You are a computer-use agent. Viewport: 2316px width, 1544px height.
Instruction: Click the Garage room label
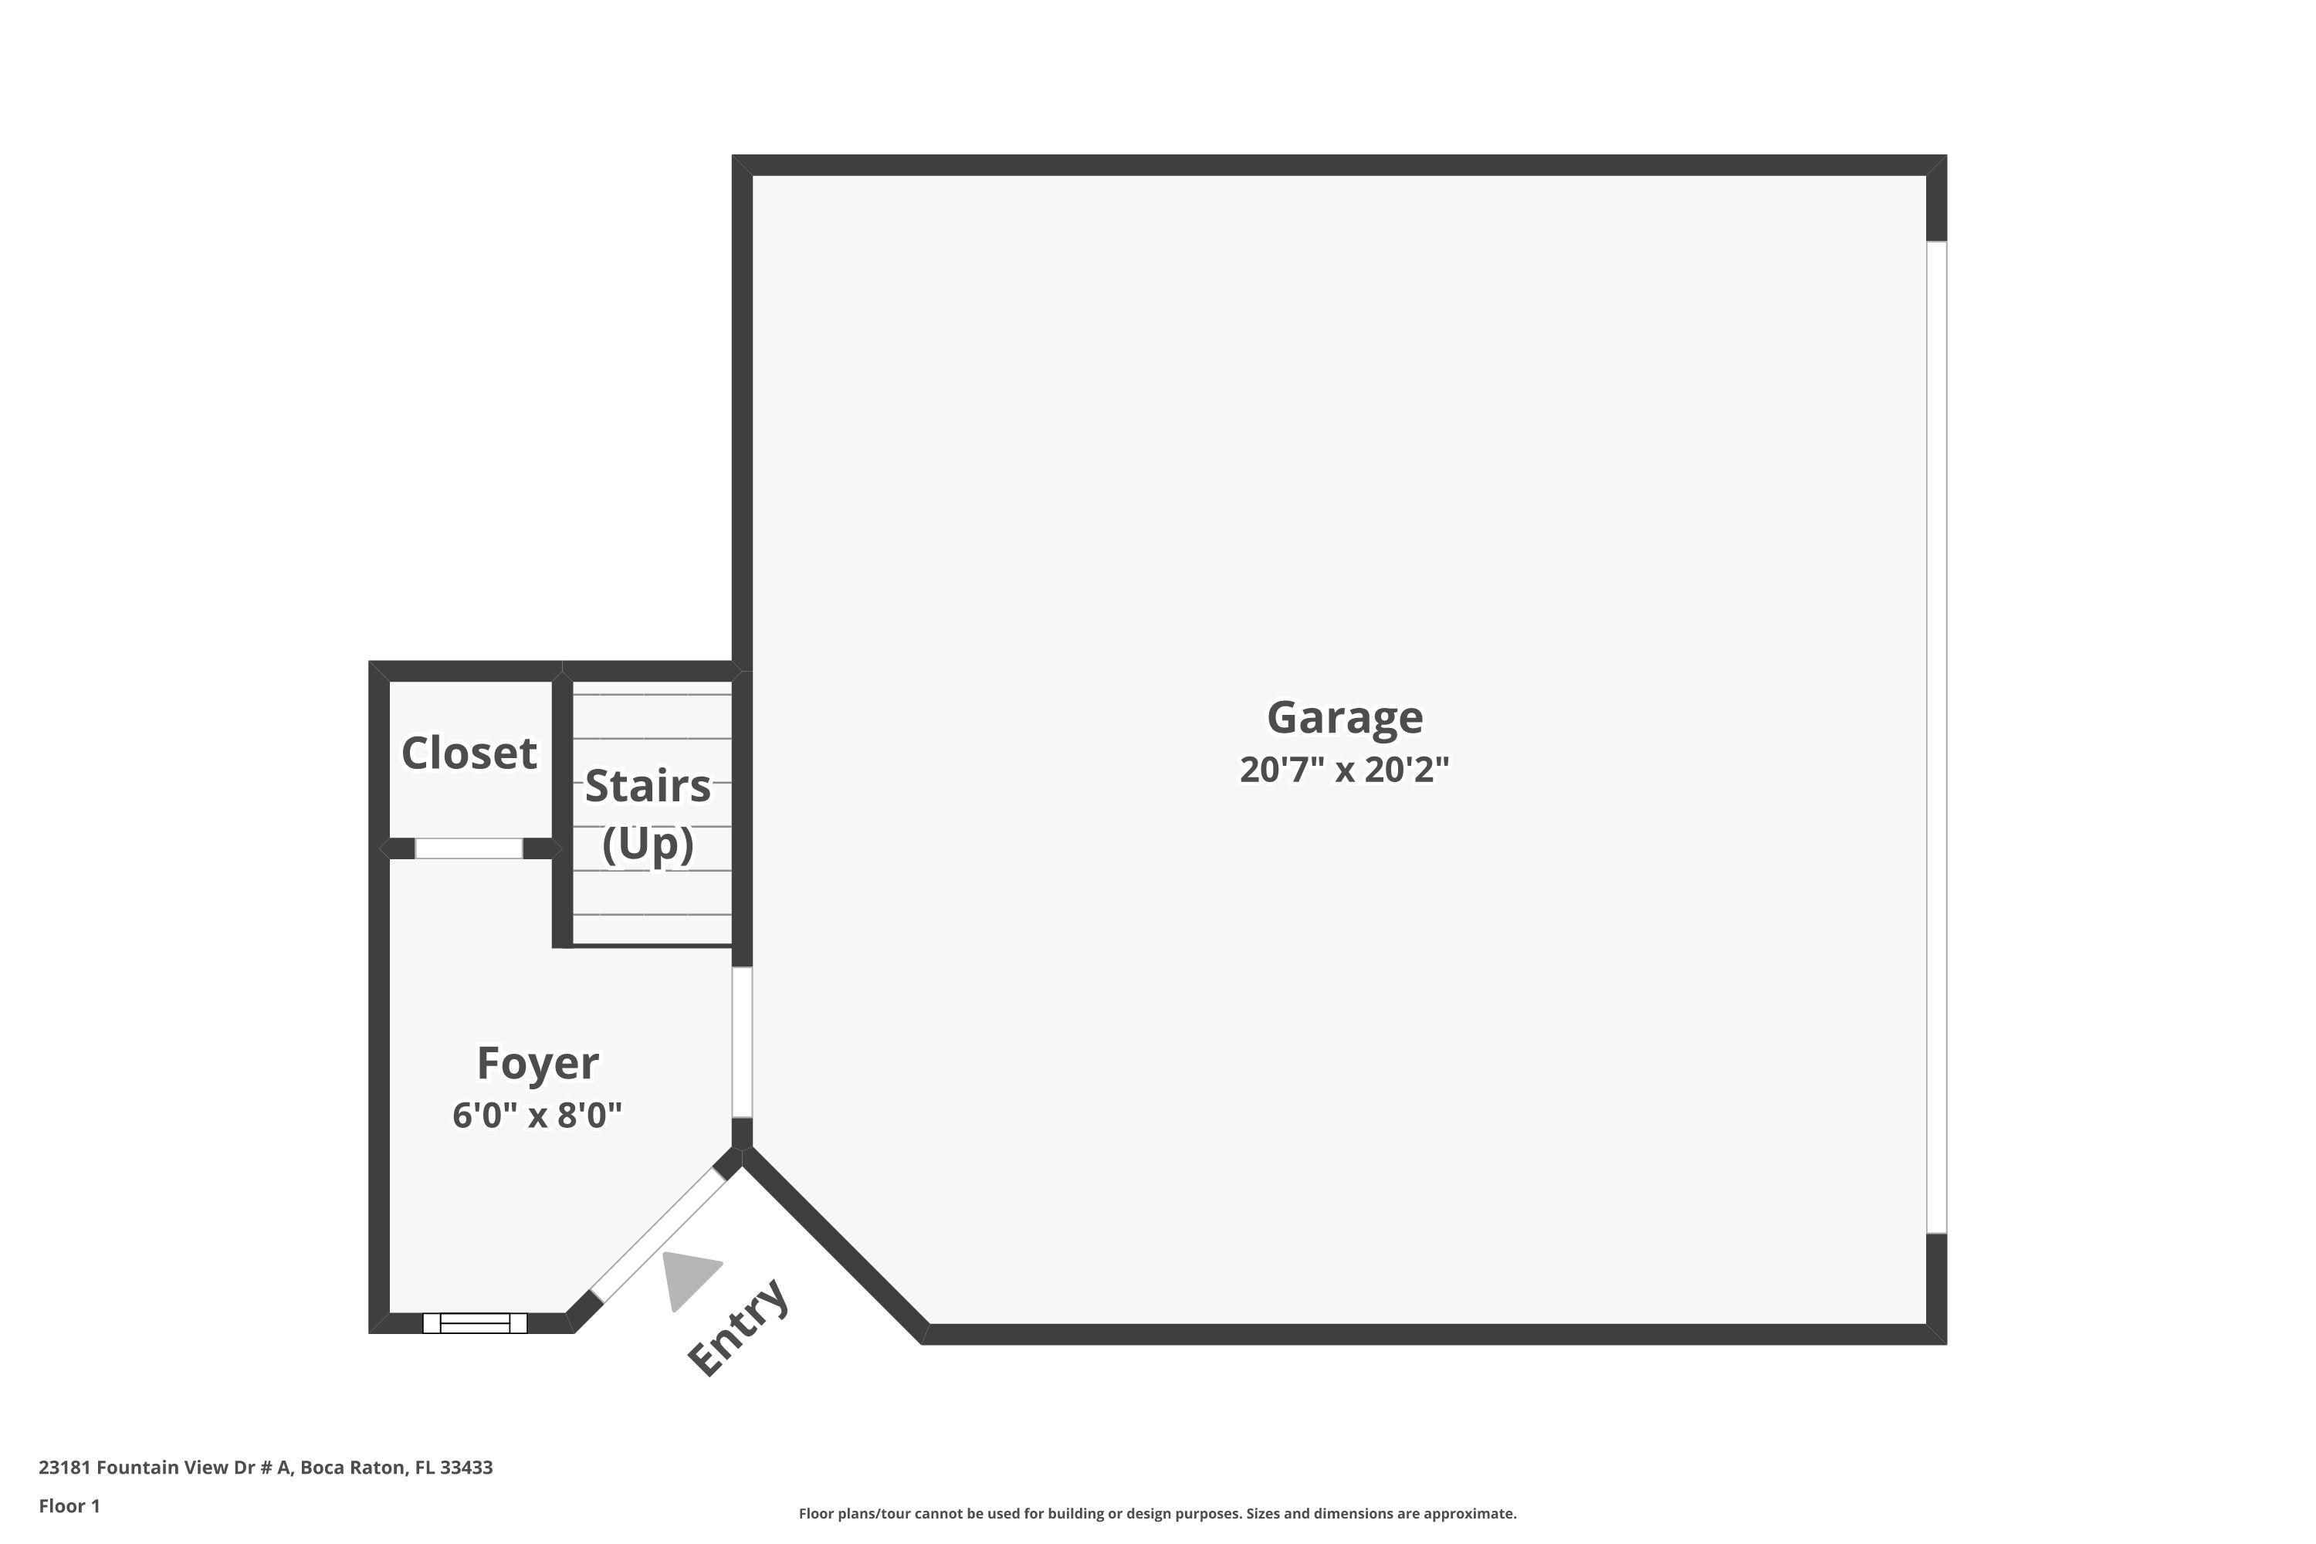tap(1344, 717)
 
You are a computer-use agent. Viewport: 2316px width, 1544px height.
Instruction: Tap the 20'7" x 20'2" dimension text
tap(1344, 770)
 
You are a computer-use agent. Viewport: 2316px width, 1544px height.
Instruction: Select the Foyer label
tap(537, 1064)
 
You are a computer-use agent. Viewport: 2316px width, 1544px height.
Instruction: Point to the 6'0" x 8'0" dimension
tap(537, 1116)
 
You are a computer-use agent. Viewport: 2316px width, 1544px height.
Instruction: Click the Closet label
tap(469, 753)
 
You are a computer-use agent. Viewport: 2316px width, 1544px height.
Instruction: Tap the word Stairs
tap(647, 786)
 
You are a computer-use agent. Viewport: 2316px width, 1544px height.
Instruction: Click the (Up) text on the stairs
tap(647, 844)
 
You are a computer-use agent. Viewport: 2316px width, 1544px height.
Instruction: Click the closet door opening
tap(469, 848)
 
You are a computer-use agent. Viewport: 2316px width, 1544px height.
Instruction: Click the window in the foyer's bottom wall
tap(475, 1322)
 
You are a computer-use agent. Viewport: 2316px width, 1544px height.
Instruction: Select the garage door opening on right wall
tap(1936, 736)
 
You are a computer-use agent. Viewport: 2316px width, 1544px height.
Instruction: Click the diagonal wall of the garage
tap(835, 1246)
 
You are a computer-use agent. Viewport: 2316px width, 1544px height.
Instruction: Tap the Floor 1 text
tap(69, 1505)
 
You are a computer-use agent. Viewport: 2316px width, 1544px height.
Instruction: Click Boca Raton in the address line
tap(353, 1468)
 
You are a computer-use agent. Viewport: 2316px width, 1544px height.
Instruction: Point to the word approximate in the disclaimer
tap(1468, 1513)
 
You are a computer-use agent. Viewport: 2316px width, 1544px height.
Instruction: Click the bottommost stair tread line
tap(652, 915)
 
